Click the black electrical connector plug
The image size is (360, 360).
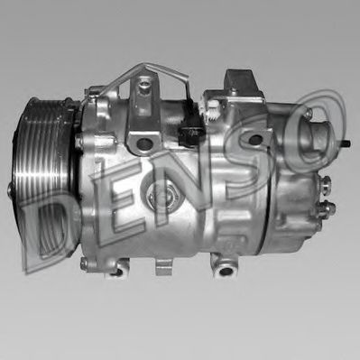189,135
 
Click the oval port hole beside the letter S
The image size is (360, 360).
256,137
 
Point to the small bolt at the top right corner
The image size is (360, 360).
309,115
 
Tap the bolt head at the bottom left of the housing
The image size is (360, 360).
84,263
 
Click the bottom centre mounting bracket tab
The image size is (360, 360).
162,266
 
